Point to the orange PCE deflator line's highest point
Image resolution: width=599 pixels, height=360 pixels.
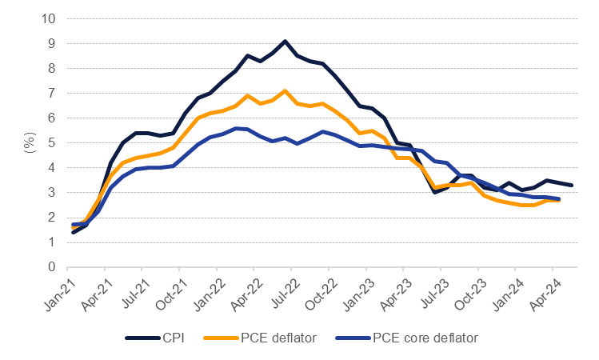(285, 90)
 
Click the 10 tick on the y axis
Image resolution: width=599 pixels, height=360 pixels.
(50, 19)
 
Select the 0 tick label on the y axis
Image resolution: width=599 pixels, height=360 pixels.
(53, 267)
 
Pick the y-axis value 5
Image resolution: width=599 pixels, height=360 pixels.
(53, 143)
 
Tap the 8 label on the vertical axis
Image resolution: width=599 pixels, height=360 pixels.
(53, 69)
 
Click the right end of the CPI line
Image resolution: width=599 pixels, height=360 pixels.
(571, 185)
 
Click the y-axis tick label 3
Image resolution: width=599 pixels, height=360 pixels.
(53, 193)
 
